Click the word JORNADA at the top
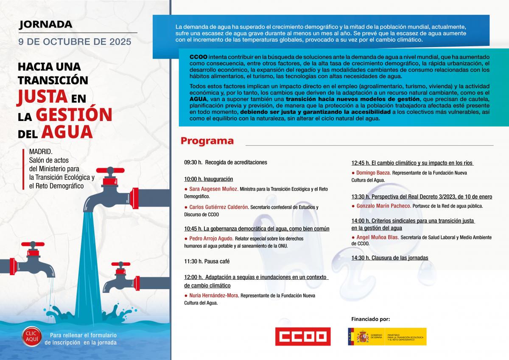[x=46, y=25]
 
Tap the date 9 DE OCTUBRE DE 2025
[x=75, y=42]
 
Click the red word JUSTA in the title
[x=42, y=97]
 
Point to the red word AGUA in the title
[x=67, y=132]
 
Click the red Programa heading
[x=207, y=141]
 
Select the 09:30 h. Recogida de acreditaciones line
[x=226, y=162]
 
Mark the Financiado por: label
[x=370, y=319]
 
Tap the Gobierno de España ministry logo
[x=387, y=337]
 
